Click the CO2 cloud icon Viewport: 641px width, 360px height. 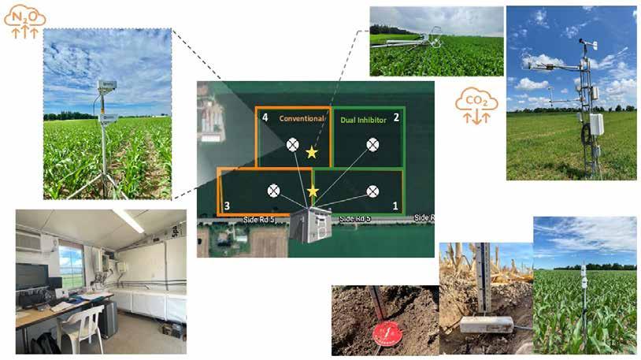pyautogui.click(x=476, y=105)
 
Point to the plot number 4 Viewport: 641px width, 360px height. pyautogui.click(x=265, y=117)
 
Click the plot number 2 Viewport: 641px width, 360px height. pyautogui.click(x=396, y=117)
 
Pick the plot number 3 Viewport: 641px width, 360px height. pyautogui.click(x=227, y=206)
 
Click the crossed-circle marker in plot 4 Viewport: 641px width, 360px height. pyautogui.click(x=292, y=143)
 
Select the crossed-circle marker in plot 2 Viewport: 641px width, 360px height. pyautogui.click(x=372, y=143)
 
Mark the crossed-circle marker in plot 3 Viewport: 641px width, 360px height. pyautogui.click(x=273, y=190)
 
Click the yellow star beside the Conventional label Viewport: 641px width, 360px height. pyautogui.click(x=312, y=152)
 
